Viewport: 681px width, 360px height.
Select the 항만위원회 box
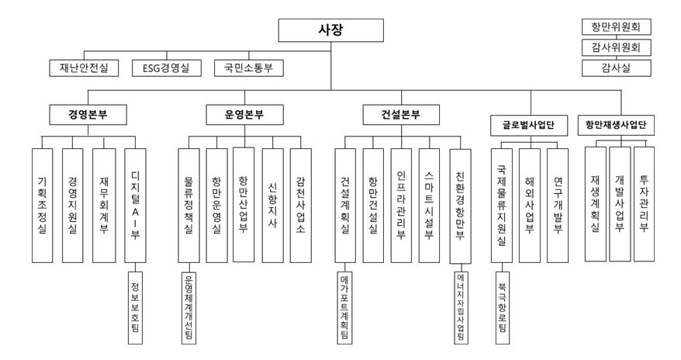pyautogui.click(x=617, y=27)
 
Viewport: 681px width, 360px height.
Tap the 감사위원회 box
pyautogui.click(x=617, y=48)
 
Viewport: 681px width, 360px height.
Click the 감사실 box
pyautogui.click(x=617, y=68)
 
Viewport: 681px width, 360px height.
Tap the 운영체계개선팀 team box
pyautogui.click(x=189, y=306)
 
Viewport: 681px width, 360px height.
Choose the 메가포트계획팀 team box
pyautogui.click(x=345, y=306)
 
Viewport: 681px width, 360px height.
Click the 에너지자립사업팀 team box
pyautogui.click(x=461, y=306)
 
